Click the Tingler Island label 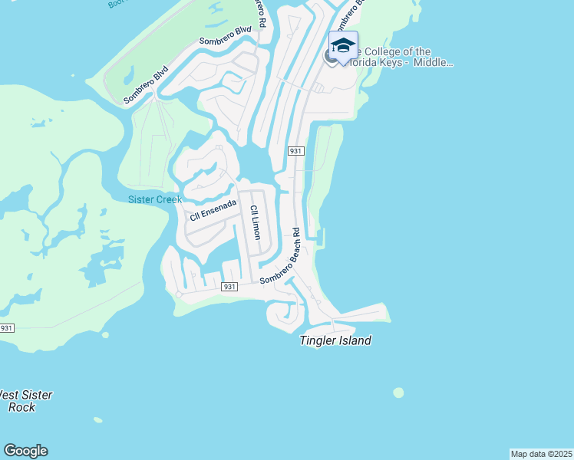click(335, 340)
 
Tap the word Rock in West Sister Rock click(22, 407)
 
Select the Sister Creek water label click(154, 199)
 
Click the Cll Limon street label click(255, 222)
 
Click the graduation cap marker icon click(343, 44)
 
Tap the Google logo click(25, 451)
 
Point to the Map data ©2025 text click(541, 454)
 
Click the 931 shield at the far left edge click(6, 328)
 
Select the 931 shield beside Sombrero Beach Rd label click(229, 287)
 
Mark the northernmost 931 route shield click(295, 151)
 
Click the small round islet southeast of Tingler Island click(398, 393)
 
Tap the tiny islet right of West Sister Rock click(97, 419)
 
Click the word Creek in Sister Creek click(168, 199)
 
